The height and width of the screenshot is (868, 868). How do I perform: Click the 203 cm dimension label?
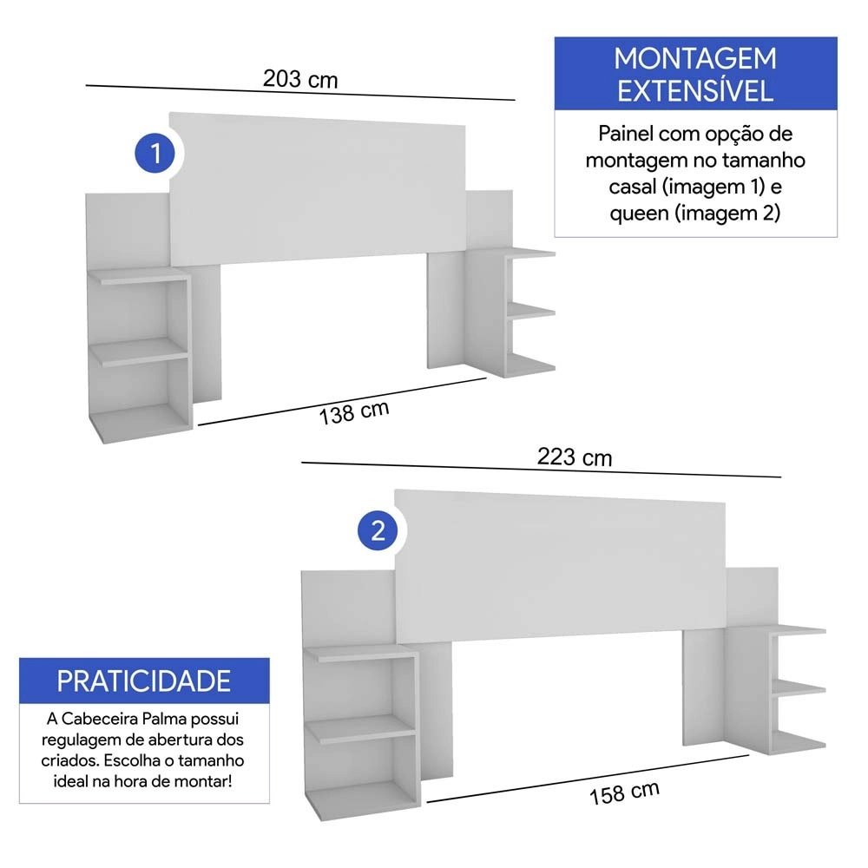point(300,79)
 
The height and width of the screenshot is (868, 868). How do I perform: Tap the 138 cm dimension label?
point(354,412)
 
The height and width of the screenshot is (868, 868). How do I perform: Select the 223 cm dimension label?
point(575,457)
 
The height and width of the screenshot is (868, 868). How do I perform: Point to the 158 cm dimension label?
point(624,792)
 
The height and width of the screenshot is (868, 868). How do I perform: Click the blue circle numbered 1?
point(155,154)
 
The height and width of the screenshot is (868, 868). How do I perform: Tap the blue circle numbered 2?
point(378,531)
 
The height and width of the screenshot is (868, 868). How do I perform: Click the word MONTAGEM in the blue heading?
point(695,59)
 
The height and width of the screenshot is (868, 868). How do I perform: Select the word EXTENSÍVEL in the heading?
point(695,91)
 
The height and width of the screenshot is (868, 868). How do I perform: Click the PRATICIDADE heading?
point(144,681)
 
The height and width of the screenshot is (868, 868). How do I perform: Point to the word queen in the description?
point(640,214)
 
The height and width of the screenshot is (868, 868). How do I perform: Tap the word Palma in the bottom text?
point(163,719)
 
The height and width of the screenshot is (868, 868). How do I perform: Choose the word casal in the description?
point(633,187)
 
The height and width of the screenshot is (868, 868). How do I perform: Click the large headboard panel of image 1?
point(317,188)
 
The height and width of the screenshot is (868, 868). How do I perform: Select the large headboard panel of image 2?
point(560,566)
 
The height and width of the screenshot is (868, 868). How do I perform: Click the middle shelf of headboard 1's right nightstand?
point(530,311)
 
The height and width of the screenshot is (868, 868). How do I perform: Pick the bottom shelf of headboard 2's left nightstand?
point(363,800)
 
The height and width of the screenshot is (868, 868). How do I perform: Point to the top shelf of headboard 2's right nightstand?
point(797,630)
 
